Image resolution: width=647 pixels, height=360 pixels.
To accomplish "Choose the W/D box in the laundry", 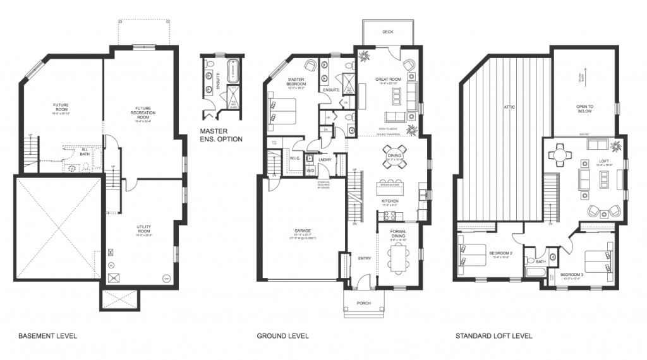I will click(310, 171).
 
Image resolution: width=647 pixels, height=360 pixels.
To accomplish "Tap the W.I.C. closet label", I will click(296, 159).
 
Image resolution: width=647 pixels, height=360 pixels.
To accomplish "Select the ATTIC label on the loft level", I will click(510, 107).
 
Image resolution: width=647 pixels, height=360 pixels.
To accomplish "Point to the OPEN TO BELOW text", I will click(584, 109).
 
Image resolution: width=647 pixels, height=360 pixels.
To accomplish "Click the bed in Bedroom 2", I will click(472, 253).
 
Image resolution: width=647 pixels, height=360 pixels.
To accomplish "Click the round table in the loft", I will click(559, 154).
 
